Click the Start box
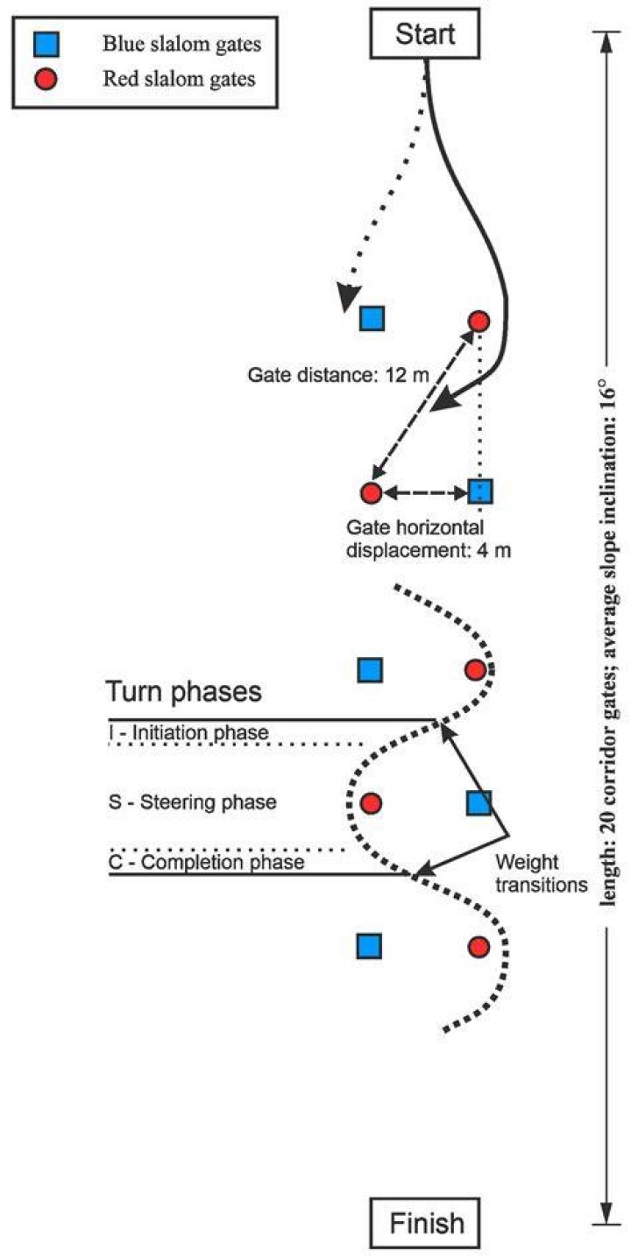[424, 33]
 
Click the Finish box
[425, 1222]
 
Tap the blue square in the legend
[46, 45]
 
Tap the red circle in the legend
[46, 80]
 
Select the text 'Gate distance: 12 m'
[338, 375]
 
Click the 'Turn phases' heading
[183, 691]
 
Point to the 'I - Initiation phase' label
[188, 732]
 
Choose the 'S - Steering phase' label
[193, 802]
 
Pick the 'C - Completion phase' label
[207, 862]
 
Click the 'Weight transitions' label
[542, 873]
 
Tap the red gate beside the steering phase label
[371, 803]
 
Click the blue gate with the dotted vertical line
[480, 491]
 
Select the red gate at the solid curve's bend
[479, 321]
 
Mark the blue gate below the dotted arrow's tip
[372, 318]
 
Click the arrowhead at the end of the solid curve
[449, 399]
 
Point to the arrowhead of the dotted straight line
[348, 298]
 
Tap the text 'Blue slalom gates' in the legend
[182, 44]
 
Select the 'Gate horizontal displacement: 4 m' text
[429, 539]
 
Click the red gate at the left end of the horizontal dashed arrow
[371, 492]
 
